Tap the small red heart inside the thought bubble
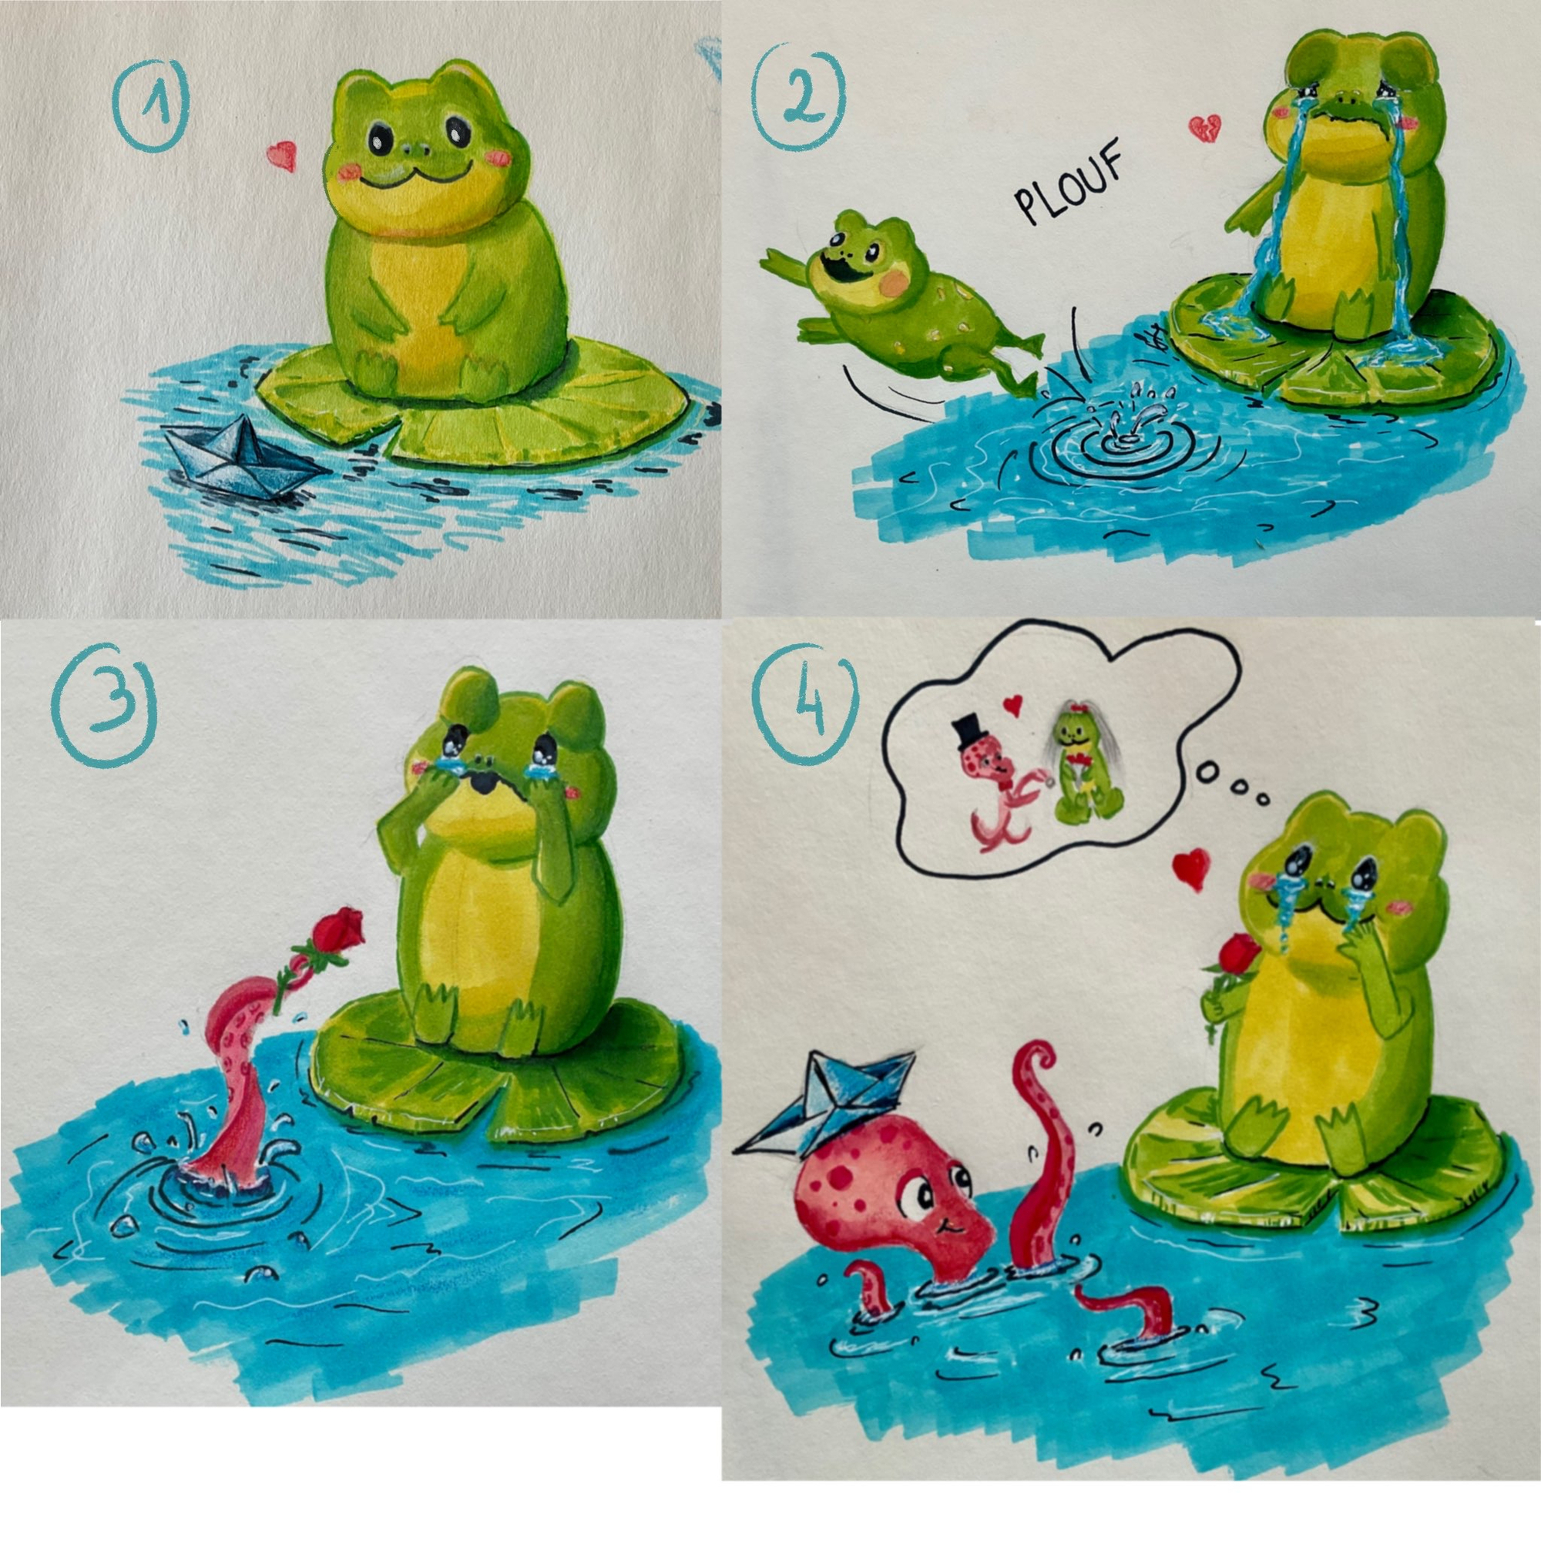pos(1013,703)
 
